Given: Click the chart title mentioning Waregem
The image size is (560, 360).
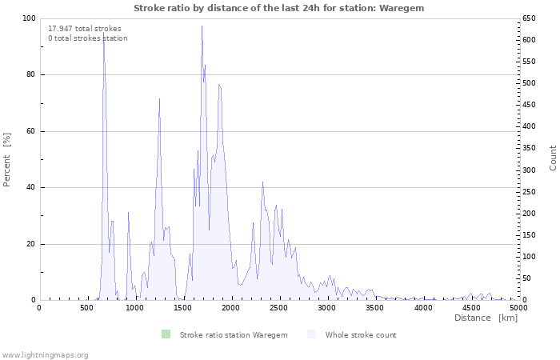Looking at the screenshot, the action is pyautogui.click(x=279, y=8).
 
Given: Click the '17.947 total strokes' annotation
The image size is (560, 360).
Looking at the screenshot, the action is pyautogui.click(x=85, y=29).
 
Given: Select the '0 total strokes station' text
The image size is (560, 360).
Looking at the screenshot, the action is pyautogui.click(x=88, y=38).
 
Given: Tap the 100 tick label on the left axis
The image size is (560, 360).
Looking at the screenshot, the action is pyautogui.click(x=29, y=18).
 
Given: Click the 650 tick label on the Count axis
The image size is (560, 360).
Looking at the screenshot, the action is pyautogui.click(x=530, y=18).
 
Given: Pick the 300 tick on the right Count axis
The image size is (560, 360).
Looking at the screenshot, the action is pyautogui.click(x=530, y=170).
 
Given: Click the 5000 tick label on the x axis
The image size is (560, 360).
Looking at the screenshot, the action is pyautogui.click(x=518, y=308).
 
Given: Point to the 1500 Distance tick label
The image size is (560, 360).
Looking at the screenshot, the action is pyautogui.click(x=184, y=308).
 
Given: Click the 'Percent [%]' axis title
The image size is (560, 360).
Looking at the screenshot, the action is pyautogui.click(x=6, y=160).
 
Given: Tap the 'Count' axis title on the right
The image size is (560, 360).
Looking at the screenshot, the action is pyautogui.click(x=553, y=158).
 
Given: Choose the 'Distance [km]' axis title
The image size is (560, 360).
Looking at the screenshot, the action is pyautogui.click(x=486, y=318).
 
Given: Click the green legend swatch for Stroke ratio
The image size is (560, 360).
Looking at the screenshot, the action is pyautogui.click(x=166, y=334).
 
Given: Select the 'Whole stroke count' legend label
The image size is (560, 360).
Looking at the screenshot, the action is pyautogui.click(x=361, y=335).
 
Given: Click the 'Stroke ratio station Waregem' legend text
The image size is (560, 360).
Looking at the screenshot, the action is pyautogui.click(x=234, y=335).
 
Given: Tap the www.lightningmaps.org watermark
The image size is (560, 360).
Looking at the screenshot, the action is pyautogui.click(x=45, y=355).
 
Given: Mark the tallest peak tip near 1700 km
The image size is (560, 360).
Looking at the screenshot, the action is pyautogui.click(x=202, y=26).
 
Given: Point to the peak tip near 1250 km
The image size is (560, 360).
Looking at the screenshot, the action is pyautogui.click(x=159, y=98).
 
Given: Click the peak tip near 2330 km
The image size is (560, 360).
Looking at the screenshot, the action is pyautogui.click(x=262, y=182).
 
